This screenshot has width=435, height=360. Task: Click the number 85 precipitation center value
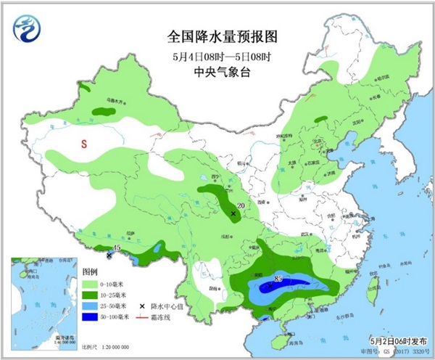point(278,278)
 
